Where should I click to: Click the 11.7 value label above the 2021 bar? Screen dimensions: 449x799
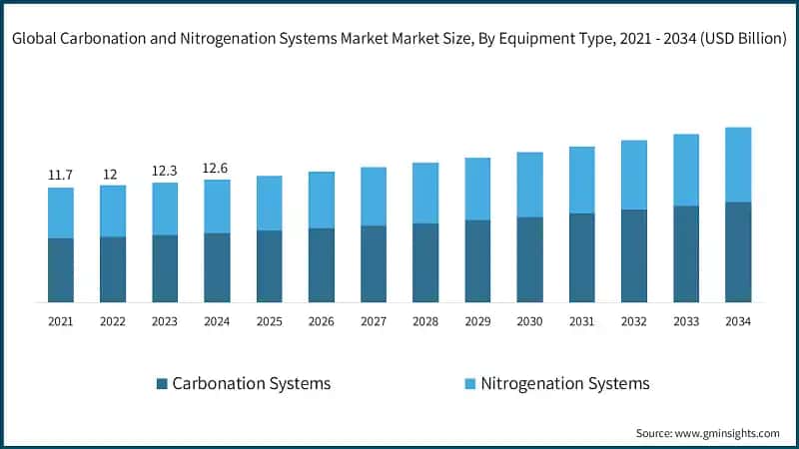(61, 176)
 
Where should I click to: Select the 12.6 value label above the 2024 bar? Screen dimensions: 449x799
(217, 168)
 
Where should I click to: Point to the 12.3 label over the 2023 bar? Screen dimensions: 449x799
(165, 171)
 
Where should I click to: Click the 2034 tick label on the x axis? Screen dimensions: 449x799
(738, 321)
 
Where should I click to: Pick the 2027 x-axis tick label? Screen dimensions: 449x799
(374, 321)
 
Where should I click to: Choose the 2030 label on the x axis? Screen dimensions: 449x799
(529, 321)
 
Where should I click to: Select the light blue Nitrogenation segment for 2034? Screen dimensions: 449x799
(738, 165)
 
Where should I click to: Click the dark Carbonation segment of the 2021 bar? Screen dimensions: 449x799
(61, 269)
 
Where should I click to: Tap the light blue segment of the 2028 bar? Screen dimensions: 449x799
(425, 193)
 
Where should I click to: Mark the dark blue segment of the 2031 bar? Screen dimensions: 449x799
(582, 257)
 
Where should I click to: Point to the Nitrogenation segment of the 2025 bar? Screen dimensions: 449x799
(270, 204)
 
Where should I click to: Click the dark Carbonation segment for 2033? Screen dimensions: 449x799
(686, 253)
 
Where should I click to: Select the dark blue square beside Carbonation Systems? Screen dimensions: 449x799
(162, 384)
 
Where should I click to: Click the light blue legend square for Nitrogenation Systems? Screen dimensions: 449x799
(469, 384)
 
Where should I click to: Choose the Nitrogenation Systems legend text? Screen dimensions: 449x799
(565, 384)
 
